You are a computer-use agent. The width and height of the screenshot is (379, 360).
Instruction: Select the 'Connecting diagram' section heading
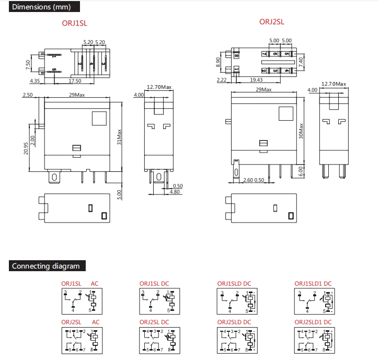(x=46, y=266)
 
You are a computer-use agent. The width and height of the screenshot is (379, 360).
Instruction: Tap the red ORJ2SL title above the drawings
(x=272, y=22)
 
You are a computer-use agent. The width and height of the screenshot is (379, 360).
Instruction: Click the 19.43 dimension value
(x=256, y=79)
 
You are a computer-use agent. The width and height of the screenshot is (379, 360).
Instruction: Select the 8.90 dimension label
(x=219, y=62)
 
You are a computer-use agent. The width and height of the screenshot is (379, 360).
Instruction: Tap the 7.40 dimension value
(x=301, y=62)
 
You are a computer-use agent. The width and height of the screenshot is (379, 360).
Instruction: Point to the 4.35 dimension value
(x=35, y=81)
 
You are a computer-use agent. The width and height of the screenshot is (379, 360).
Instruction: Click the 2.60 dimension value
(x=249, y=180)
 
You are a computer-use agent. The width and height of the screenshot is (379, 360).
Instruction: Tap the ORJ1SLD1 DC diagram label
(x=313, y=284)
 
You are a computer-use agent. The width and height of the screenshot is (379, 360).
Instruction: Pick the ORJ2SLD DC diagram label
(x=234, y=322)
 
